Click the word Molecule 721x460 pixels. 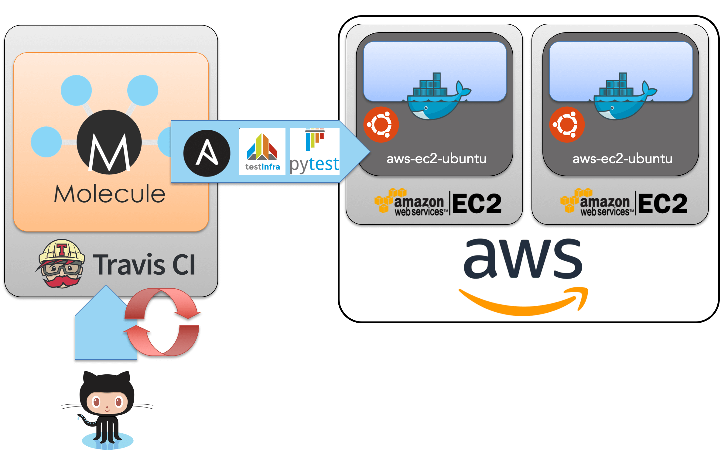coord(110,194)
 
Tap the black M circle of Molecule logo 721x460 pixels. coord(109,142)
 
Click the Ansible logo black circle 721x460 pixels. coord(207,153)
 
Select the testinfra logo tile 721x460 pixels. coord(262,152)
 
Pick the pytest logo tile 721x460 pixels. coord(315,152)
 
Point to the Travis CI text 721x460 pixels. coord(144,265)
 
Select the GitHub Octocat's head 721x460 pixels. coord(107,395)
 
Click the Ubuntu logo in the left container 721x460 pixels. coord(381,125)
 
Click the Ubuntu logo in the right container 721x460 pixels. coord(567,125)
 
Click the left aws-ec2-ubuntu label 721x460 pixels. coord(436,159)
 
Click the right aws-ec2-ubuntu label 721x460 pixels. coord(622,159)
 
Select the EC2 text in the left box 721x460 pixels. coord(477,204)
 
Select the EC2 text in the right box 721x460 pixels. coord(663,204)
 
